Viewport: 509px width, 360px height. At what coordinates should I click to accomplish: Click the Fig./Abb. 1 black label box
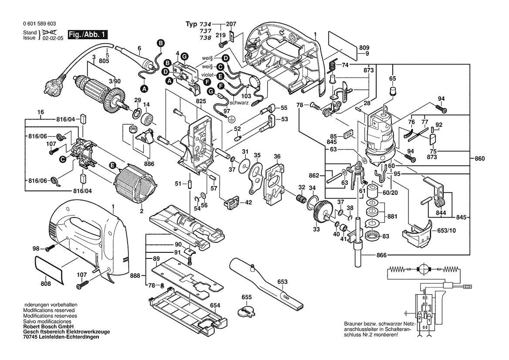(x=87, y=34)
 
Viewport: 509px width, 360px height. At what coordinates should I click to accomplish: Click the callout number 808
(x=46, y=284)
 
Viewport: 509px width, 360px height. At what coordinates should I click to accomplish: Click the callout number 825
(x=201, y=101)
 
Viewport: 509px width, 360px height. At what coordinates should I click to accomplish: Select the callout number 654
(x=215, y=306)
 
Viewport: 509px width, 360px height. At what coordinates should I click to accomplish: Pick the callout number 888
(x=135, y=275)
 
